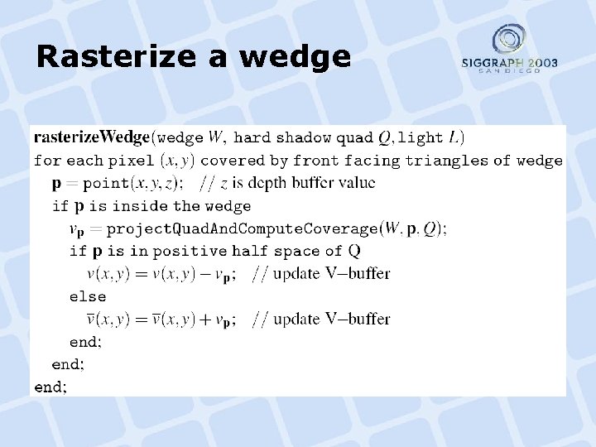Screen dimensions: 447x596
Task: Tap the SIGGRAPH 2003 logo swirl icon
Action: point(508,40)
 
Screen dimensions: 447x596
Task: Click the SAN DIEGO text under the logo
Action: point(509,71)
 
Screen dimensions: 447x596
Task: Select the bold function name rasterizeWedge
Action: point(91,137)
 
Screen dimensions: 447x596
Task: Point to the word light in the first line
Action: point(425,137)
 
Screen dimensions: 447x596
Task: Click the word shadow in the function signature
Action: point(303,137)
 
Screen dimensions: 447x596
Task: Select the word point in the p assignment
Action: point(105,183)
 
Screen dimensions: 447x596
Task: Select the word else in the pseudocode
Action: point(87,296)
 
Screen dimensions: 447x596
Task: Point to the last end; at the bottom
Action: point(50,387)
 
